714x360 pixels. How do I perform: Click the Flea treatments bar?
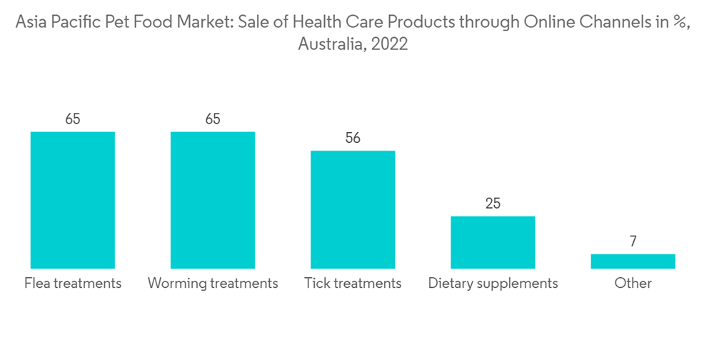(72, 200)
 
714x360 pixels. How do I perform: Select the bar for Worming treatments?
(212, 200)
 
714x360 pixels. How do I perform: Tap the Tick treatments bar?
(353, 209)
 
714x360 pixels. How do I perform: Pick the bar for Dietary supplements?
(493, 242)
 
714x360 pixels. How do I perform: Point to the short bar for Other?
(633, 261)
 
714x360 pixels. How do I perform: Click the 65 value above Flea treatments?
(72, 119)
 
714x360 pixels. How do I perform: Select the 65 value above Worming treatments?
(212, 119)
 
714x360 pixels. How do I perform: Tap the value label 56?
(353, 139)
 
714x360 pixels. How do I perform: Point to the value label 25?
(493, 204)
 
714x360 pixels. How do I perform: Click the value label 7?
(633, 242)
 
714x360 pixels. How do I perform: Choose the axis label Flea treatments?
(73, 284)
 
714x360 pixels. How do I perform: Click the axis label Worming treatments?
(213, 284)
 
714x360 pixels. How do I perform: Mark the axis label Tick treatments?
(353, 284)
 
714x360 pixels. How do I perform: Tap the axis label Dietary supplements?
(493, 284)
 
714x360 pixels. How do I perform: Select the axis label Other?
(633, 284)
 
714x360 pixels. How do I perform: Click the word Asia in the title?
(29, 22)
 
